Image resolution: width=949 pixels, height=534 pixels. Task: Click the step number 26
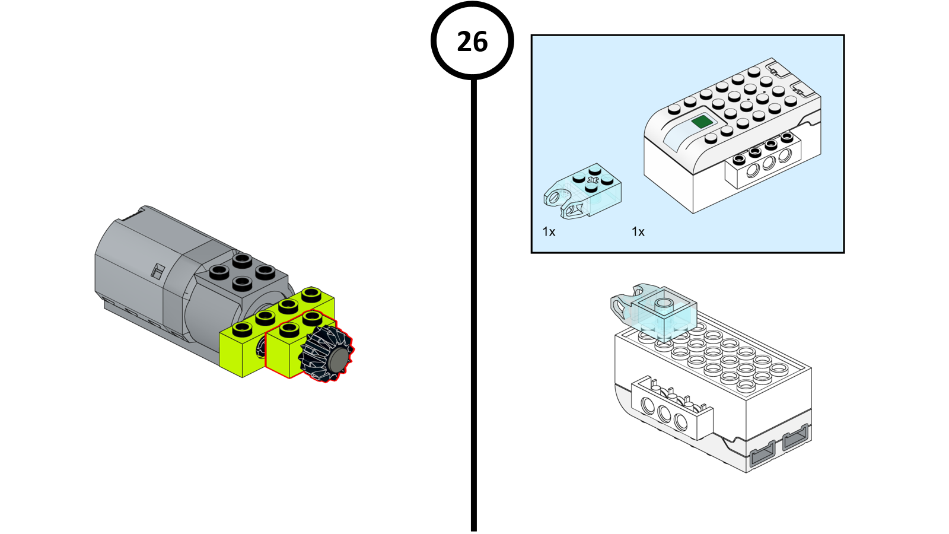(x=472, y=42)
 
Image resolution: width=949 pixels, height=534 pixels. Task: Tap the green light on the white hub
(x=702, y=122)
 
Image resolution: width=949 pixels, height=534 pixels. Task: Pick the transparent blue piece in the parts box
(x=582, y=192)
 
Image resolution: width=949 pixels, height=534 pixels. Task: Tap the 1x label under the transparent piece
(x=549, y=232)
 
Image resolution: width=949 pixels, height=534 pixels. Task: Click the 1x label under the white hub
(x=638, y=232)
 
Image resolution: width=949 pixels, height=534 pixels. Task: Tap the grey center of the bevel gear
(x=339, y=360)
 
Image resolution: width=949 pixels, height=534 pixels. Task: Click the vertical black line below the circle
(x=473, y=304)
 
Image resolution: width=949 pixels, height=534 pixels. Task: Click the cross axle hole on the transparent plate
(x=592, y=179)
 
